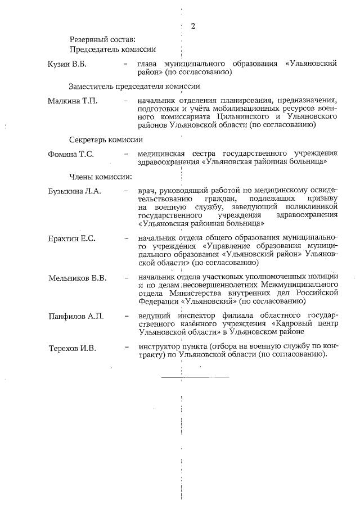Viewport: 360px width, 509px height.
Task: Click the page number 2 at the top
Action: click(193, 26)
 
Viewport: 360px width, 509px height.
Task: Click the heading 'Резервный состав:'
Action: click(102, 40)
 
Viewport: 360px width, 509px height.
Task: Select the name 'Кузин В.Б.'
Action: click(67, 64)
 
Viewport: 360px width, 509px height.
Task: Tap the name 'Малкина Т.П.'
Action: click(73, 101)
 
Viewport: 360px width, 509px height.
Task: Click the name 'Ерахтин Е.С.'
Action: click(72, 238)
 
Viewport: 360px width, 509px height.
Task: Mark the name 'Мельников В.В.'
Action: click(78, 278)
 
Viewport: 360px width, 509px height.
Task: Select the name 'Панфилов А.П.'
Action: click(76, 318)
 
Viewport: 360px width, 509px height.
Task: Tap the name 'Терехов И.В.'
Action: click(72, 349)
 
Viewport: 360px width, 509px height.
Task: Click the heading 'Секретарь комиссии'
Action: click(106, 139)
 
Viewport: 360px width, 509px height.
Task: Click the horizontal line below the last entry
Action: click(195, 376)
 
